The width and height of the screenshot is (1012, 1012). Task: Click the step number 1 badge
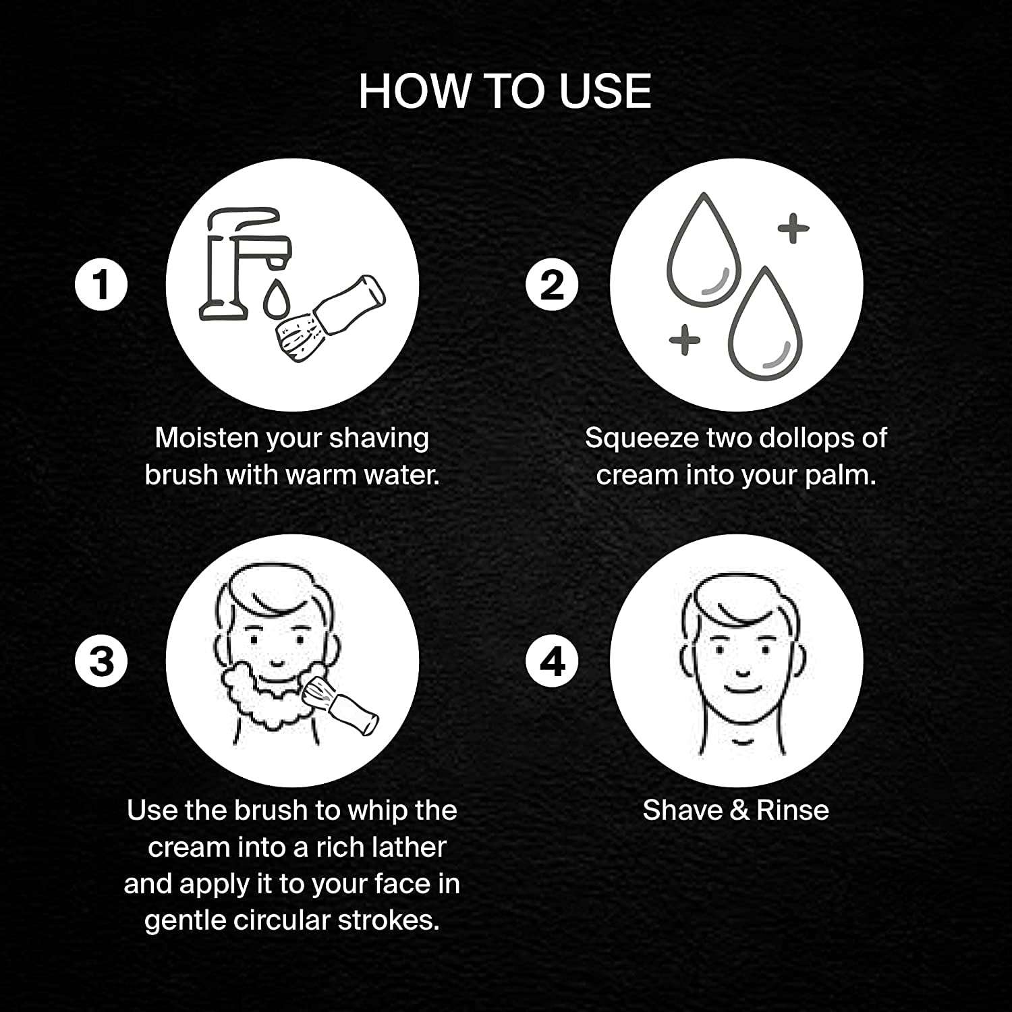click(101, 285)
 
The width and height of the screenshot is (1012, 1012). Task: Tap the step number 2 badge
click(553, 285)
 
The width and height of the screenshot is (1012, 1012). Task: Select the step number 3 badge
click(101, 660)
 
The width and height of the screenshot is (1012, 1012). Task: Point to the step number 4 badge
click(553, 660)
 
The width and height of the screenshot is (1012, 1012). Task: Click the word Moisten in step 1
click(206, 438)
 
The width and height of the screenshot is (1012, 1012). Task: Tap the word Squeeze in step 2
click(642, 439)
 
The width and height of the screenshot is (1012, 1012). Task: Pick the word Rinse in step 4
click(792, 810)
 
